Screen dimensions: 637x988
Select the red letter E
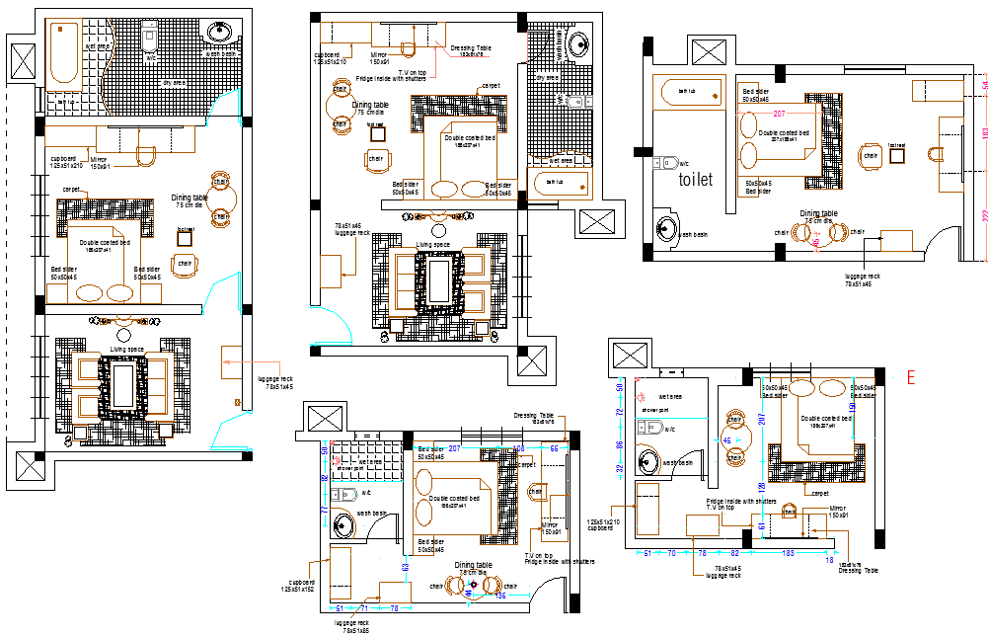coord(911,376)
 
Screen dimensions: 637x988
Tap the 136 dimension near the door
coord(499,595)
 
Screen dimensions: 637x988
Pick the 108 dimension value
coord(520,448)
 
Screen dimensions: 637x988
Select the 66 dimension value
coord(554,448)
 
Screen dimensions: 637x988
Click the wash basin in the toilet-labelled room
coord(668,228)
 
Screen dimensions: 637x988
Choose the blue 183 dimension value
coord(787,554)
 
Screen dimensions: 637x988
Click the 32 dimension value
coord(621,469)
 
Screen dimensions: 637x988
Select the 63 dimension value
coord(405,568)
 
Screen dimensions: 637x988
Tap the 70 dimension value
coord(672,554)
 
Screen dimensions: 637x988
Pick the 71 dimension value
coord(363,608)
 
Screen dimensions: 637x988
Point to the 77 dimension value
coord(325,510)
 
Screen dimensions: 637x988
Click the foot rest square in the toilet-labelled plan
coord(896,156)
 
